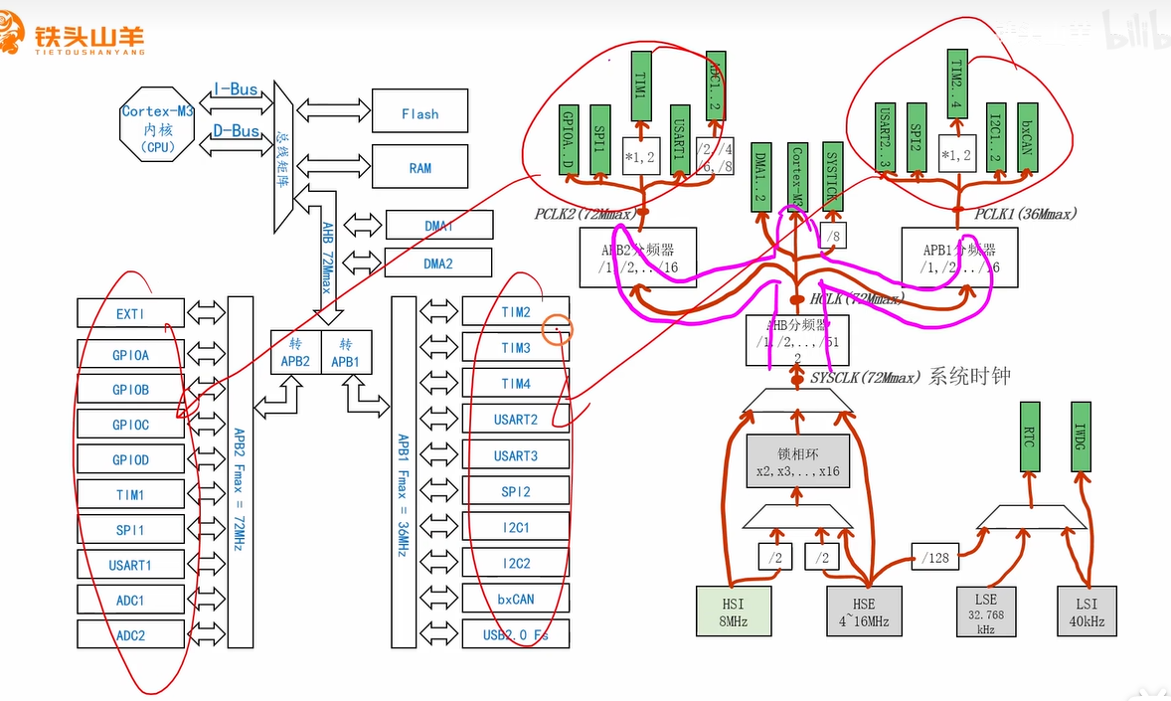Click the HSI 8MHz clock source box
(735, 611)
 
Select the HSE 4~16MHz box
(864, 611)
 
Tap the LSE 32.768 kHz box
(985, 611)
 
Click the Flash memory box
(419, 114)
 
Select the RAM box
(419, 168)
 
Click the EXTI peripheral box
(130, 313)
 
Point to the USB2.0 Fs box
(515, 634)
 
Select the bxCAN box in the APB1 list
(515, 599)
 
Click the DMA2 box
(438, 263)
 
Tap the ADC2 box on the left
(130, 635)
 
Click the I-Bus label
(236, 89)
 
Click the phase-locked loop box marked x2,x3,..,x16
(798, 460)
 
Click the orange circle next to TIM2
(558, 330)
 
